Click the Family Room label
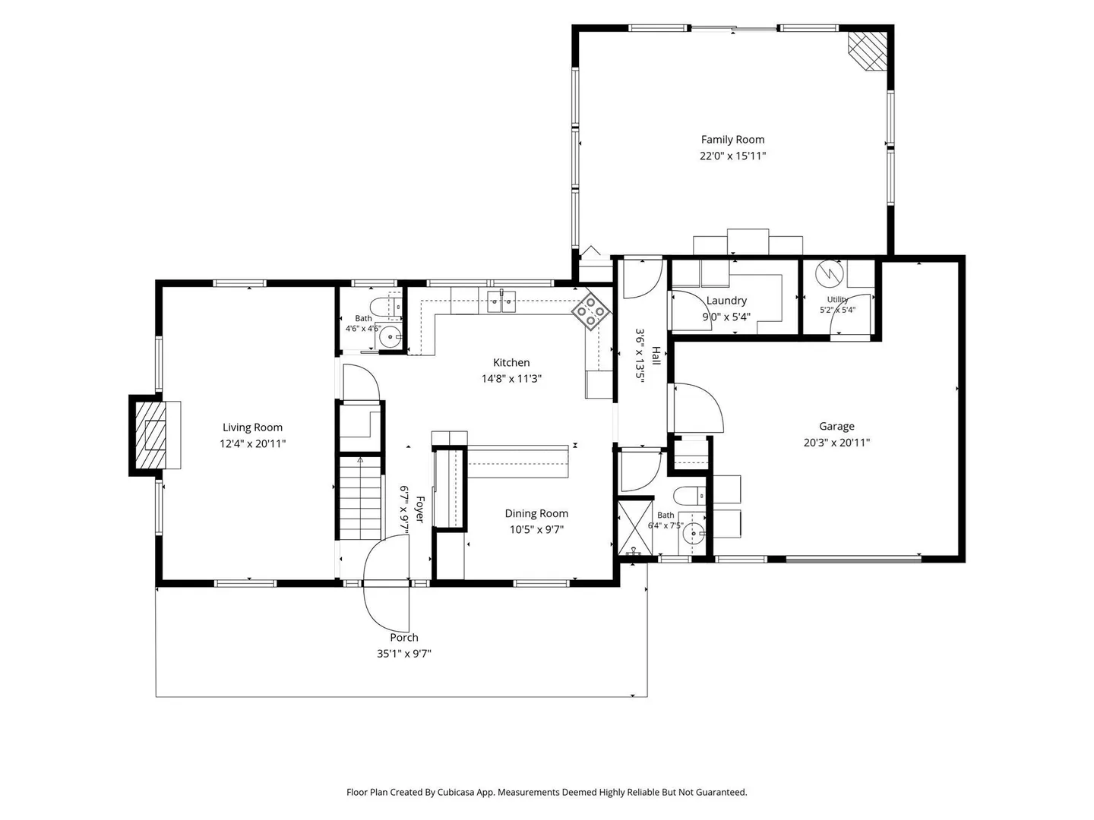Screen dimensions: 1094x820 pos(732,140)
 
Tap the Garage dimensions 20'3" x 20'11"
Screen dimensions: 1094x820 pos(836,442)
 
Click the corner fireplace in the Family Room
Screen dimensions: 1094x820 pos(868,51)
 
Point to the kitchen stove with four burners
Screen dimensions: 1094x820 pos(591,312)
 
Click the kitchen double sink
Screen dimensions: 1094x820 pos(501,301)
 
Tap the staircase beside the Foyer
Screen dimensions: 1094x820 pos(360,498)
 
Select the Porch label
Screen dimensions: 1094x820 pos(403,637)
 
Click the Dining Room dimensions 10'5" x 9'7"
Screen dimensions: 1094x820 pos(536,529)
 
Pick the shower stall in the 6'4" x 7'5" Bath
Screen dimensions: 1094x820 pos(635,528)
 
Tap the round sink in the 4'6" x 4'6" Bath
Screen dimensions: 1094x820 pos(389,337)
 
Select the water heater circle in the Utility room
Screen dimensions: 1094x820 pos(829,274)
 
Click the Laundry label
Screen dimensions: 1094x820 pos(726,301)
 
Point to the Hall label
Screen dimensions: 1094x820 pos(656,355)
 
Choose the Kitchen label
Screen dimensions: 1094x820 pos(511,362)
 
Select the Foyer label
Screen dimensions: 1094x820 pos(419,509)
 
